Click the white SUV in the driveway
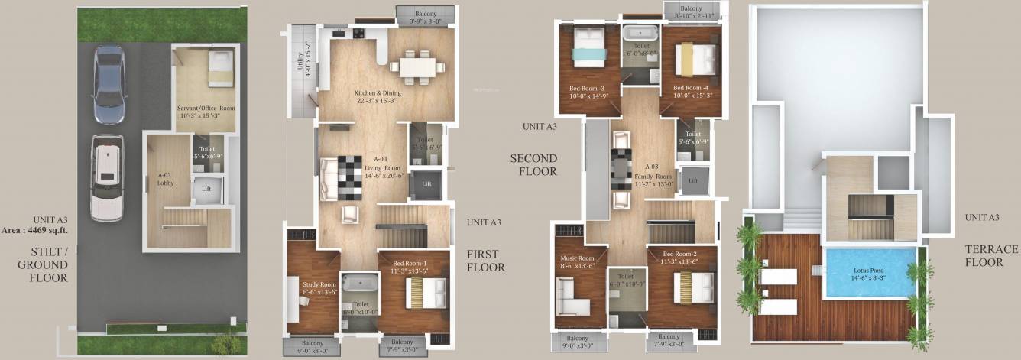tap(106, 177)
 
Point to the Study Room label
tap(319, 288)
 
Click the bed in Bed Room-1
tap(426, 291)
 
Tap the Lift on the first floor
tap(426, 185)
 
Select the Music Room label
tap(578, 261)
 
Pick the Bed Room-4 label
tap(692, 91)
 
